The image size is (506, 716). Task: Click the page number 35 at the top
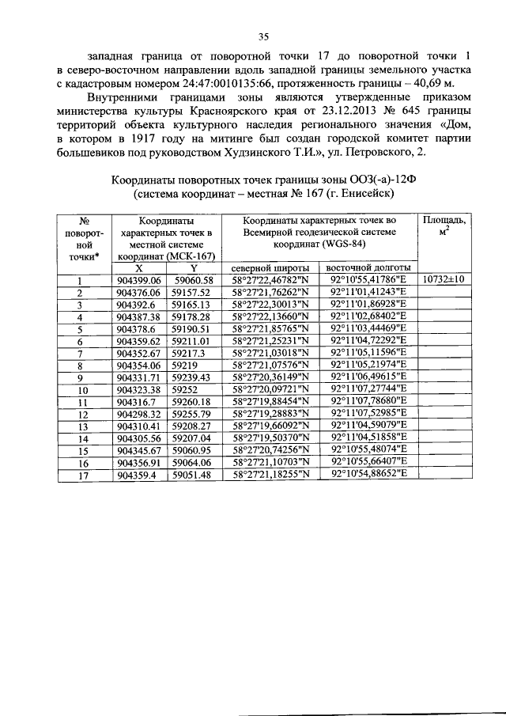point(264,35)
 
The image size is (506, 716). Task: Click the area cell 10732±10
point(445,279)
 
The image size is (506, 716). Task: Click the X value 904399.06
point(138,280)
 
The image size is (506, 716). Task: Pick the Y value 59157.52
point(193,292)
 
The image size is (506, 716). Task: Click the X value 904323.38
point(138,388)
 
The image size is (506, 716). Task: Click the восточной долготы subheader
point(368,267)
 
